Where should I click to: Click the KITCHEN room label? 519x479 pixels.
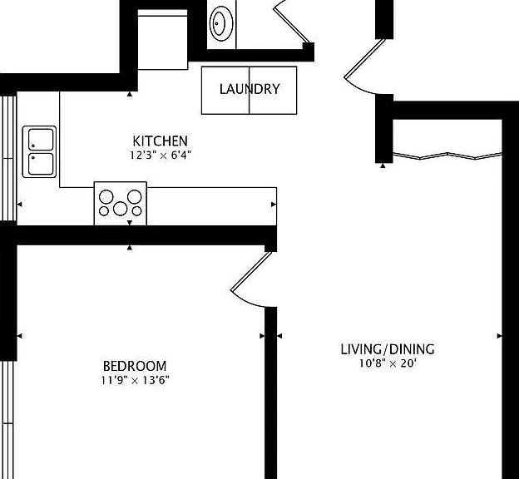(x=161, y=141)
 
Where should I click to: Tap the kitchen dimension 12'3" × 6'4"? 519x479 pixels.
(x=161, y=155)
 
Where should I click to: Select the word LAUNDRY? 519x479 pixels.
(x=250, y=89)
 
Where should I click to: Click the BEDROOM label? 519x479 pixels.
(x=135, y=366)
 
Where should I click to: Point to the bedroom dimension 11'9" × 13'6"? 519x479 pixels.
(x=135, y=380)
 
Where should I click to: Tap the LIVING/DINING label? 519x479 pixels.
(x=388, y=349)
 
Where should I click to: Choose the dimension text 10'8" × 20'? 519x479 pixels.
(x=388, y=363)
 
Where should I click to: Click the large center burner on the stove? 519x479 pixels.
(x=120, y=209)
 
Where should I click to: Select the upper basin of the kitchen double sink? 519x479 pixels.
(x=41, y=140)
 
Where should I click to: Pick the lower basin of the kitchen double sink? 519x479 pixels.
(x=41, y=164)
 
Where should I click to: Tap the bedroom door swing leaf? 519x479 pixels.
(x=251, y=272)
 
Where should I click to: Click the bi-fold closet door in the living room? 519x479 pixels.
(x=447, y=156)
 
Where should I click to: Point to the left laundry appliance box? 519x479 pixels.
(x=225, y=90)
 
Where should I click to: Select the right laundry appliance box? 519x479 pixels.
(x=273, y=90)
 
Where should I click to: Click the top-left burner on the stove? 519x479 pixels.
(x=106, y=197)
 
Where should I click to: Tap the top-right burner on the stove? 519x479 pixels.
(x=135, y=196)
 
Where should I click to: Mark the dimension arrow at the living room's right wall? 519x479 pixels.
(x=500, y=336)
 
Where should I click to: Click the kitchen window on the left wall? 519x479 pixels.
(x=8, y=158)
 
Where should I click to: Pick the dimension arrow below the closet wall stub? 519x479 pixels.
(x=383, y=165)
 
